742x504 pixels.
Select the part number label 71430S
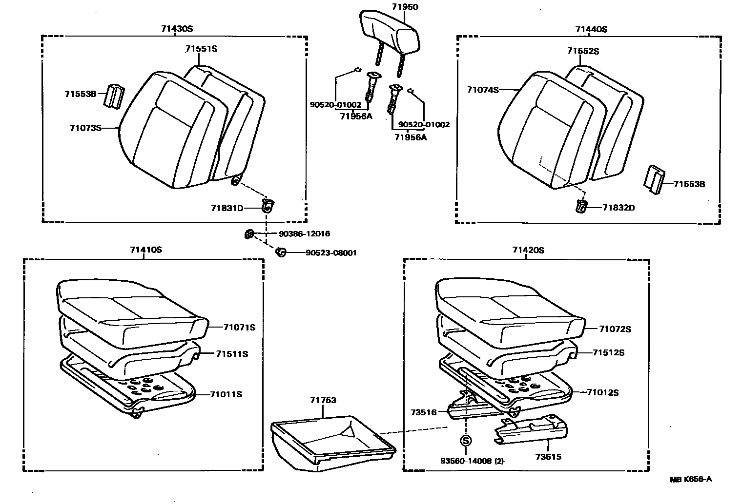177,29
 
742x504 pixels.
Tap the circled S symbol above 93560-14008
466,441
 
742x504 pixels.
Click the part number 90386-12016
304,234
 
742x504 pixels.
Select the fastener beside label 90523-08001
281,252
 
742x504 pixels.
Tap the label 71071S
239,327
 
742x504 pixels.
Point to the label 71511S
232,354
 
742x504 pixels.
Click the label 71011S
226,394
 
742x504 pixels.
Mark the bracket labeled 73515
532,430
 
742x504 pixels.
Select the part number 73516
423,412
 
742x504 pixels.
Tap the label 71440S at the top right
591,29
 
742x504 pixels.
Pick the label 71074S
483,90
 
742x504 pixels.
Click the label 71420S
528,250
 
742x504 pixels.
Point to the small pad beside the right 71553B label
654,180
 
